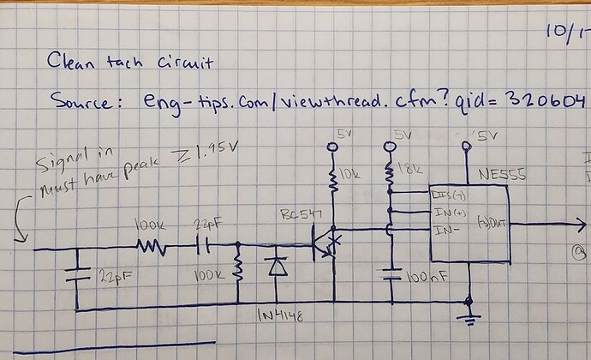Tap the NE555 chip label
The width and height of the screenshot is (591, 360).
click(503, 177)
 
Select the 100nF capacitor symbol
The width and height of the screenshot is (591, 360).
click(393, 278)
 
